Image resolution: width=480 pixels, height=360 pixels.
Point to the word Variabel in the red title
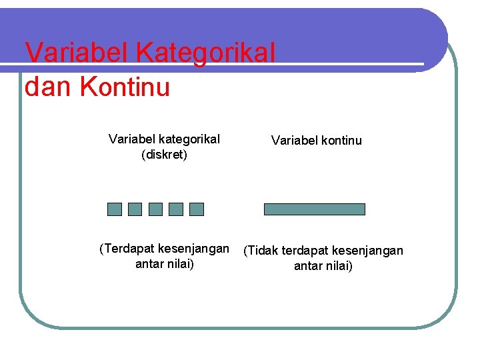point(71,53)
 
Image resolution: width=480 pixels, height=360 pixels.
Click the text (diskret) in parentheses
point(164,155)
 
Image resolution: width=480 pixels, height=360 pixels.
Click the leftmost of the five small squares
point(115,209)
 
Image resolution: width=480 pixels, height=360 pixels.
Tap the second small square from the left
point(135,209)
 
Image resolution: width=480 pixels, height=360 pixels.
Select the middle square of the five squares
point(155,209)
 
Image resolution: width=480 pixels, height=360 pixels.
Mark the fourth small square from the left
point(176,209)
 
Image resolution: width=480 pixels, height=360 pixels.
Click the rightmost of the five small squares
point(197,209)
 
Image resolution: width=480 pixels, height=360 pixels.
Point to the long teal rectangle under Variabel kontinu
point(315,209)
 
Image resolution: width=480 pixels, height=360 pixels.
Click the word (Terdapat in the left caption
point(127,249)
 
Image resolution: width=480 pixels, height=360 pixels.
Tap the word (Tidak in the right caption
point(261,251)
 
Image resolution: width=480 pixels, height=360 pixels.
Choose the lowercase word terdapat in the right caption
point(305,251)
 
